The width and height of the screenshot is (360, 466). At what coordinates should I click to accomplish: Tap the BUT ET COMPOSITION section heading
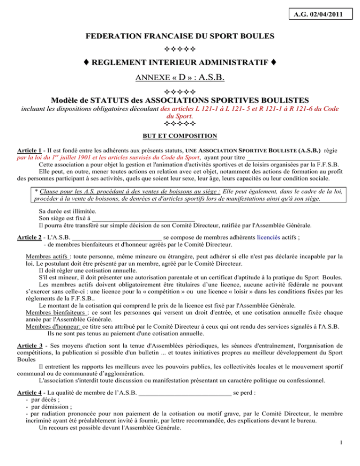[x=180, y=136]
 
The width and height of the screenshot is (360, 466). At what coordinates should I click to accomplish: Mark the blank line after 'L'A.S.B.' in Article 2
[x=117, y=237]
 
